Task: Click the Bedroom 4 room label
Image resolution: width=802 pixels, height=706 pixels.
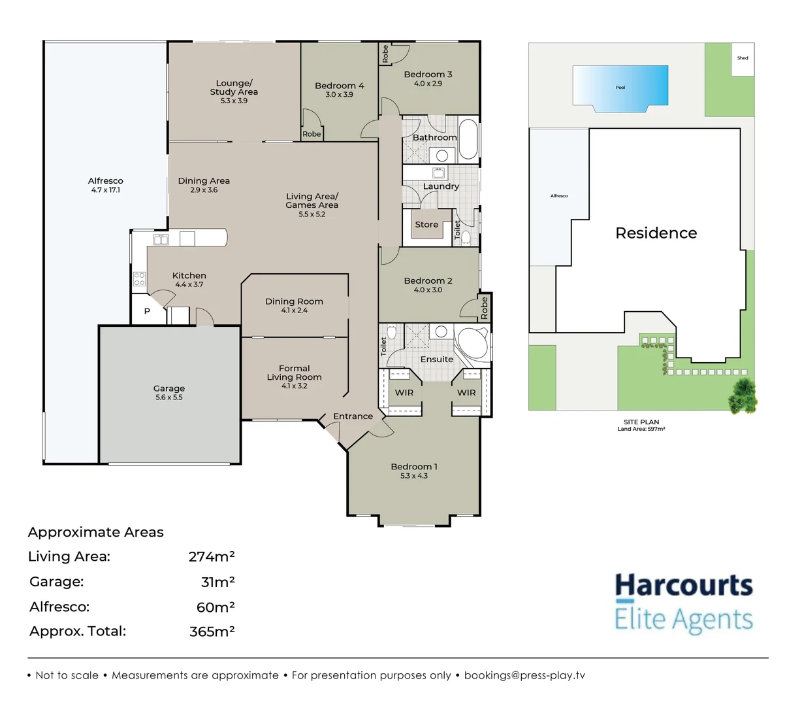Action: [x=339, y=86]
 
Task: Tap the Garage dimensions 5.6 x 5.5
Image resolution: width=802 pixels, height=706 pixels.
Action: [x=169, y=397]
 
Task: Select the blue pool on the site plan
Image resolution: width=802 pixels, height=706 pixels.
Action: [x=620, y=86]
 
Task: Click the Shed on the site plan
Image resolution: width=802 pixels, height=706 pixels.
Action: [x=743, y=59]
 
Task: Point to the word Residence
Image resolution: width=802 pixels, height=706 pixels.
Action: [x=656, y=233]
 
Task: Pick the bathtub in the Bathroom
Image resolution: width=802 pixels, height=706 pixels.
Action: [x=468, y=139]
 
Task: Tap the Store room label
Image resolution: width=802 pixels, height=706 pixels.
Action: [x=426, y=225]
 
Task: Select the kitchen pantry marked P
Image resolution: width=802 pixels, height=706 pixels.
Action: [x=146, y=311]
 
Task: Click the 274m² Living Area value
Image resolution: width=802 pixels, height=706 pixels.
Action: [x=211, y=557]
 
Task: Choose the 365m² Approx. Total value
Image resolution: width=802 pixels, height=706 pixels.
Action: [x=212, y=631]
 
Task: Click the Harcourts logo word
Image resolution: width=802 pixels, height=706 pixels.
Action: [x=683, y=586]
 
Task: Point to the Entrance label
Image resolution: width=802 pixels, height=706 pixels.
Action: [x=353, y=416]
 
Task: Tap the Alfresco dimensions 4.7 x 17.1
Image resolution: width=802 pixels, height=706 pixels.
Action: [x=105, y=190]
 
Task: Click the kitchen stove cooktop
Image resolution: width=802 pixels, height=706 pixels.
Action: [x=139, y=279]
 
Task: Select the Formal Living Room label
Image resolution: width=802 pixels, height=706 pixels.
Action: [x=294, y=373]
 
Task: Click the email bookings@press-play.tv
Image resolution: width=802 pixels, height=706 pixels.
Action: [x=524, y=675]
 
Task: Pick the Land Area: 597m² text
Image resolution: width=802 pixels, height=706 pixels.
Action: [x=641, y=429]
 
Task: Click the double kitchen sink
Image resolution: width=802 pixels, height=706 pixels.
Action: [x=161, y=240]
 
